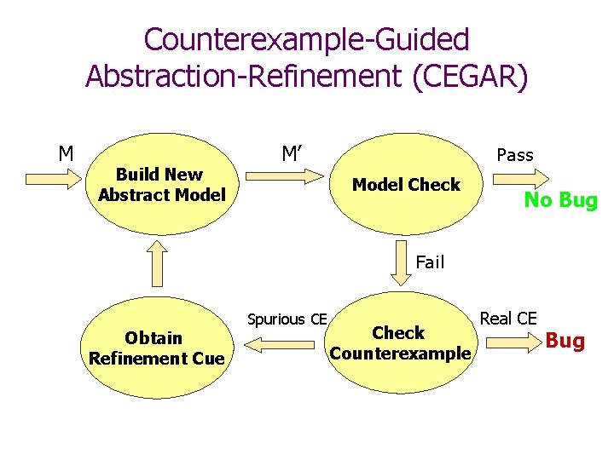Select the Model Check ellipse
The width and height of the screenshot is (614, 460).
(x=406, y=186)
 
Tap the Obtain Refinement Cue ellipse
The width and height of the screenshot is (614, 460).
(x=157, y=348)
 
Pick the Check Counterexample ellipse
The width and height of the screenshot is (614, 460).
(x=399, y=343)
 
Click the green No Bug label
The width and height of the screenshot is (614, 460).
(x=560, y=201)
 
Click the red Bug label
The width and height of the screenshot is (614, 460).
(x=565, y=342)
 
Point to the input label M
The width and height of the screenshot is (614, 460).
(x=65, y=154)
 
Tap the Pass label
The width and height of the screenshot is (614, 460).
(x=514, y=155)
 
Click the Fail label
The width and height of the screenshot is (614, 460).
(x=430, y=262)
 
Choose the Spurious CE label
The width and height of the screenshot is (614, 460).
(x=287, y=319)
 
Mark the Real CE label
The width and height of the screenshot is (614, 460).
(x=508, y=319)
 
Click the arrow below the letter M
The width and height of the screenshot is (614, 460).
(x=53, y=179)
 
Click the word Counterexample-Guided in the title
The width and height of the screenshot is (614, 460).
(x=306, y=39)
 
